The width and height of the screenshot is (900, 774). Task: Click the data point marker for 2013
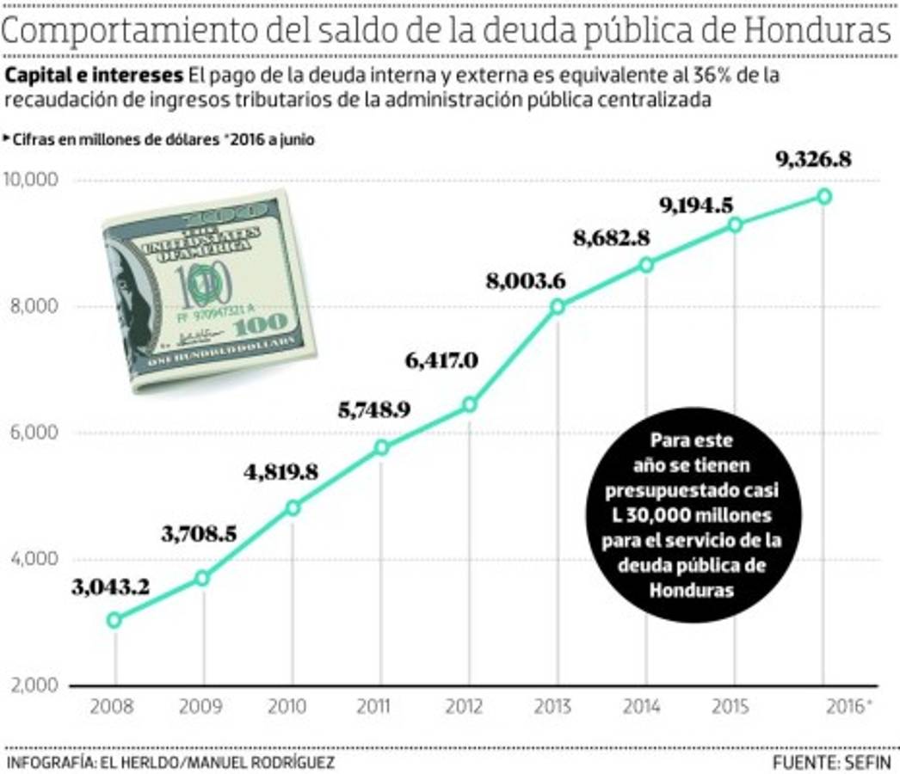coord(557,306)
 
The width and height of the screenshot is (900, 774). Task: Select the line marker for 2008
coord(114,619)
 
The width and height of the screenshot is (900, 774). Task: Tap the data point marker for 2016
coord(823,196)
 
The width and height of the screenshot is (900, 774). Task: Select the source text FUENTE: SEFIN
coord(832,762)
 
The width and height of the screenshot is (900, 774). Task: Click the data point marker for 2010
coord(293,507)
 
